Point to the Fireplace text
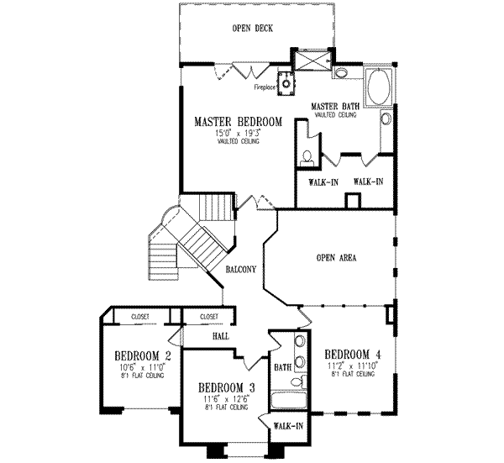[266, 87]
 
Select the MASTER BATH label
[336, 107]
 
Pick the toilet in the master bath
[308, 156]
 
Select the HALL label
[197, 334]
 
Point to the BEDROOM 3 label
[227, 387]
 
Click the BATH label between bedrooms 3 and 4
[282, 367]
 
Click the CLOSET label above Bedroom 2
[141, 317]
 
